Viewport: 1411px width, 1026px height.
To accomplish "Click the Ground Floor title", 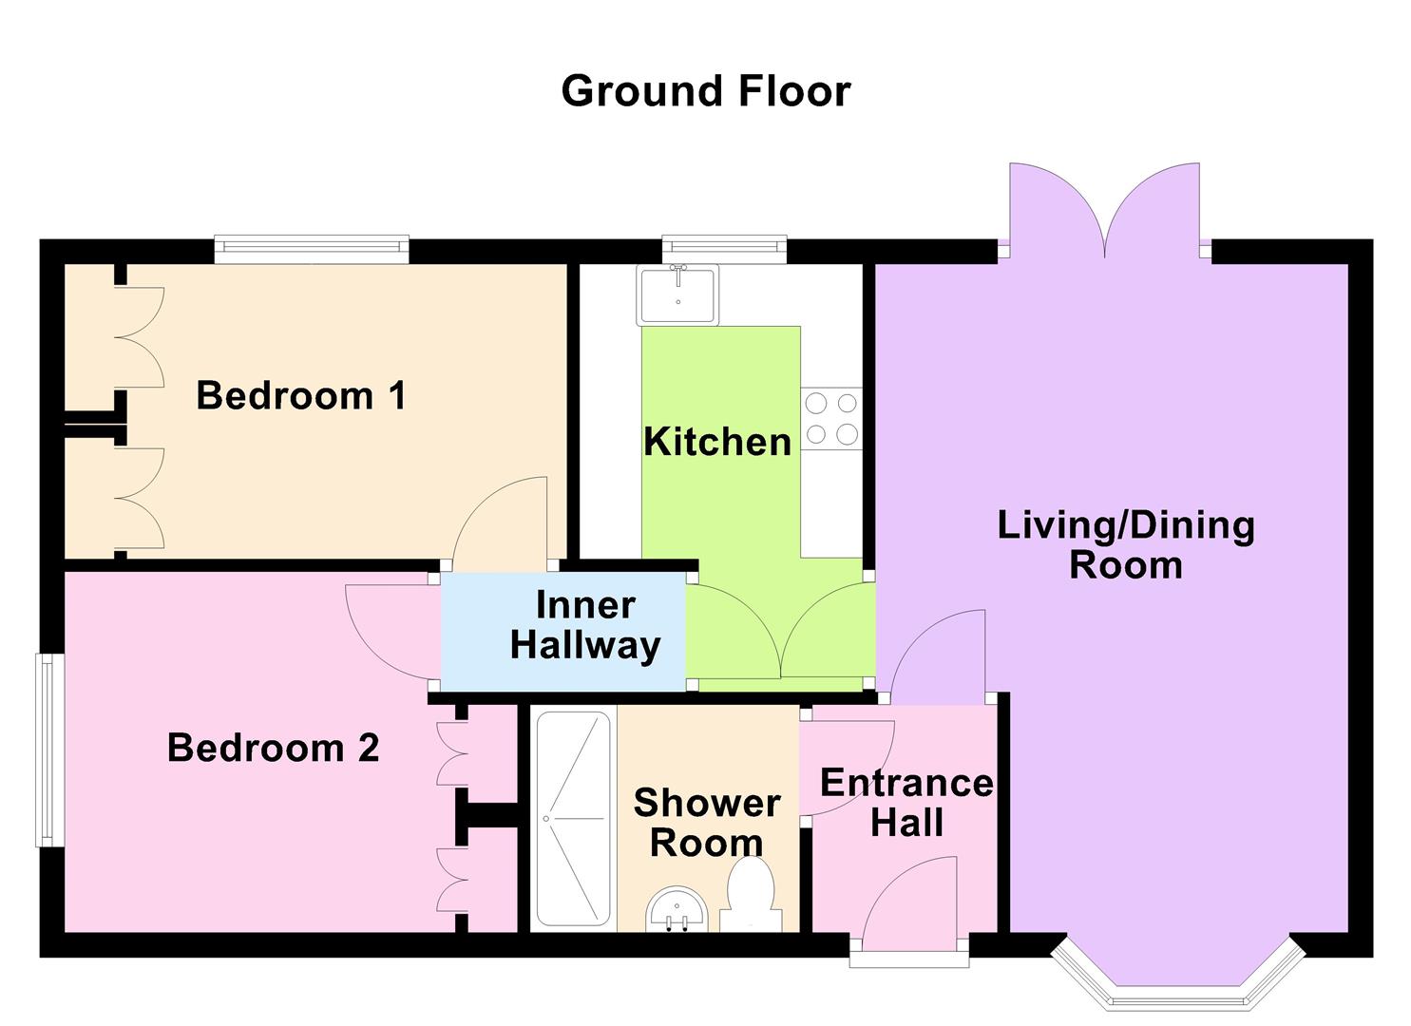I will (705, 91).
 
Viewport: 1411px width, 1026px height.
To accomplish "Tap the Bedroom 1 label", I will (301, 395).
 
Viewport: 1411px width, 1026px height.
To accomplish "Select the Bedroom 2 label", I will (274, 748).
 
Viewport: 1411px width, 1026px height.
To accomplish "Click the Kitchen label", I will (717, 442).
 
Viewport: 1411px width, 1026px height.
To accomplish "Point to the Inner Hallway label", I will (584, 625).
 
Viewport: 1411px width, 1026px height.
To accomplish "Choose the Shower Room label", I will (707, 823).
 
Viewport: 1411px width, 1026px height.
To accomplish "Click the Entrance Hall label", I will (906, 803).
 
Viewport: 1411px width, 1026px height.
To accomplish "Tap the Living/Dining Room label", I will (1126, 544).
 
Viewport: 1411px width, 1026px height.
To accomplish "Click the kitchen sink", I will (678, 294).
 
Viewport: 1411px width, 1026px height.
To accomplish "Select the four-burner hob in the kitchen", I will (831, 419).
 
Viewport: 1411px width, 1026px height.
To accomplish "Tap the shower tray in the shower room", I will (573, 819).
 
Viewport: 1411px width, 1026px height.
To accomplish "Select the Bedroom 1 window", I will (312, 249).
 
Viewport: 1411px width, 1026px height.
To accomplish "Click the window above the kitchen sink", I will (725, 248).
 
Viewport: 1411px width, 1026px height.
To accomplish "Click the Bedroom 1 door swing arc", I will (499, 522).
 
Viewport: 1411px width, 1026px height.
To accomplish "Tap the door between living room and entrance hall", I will (936, 655).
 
